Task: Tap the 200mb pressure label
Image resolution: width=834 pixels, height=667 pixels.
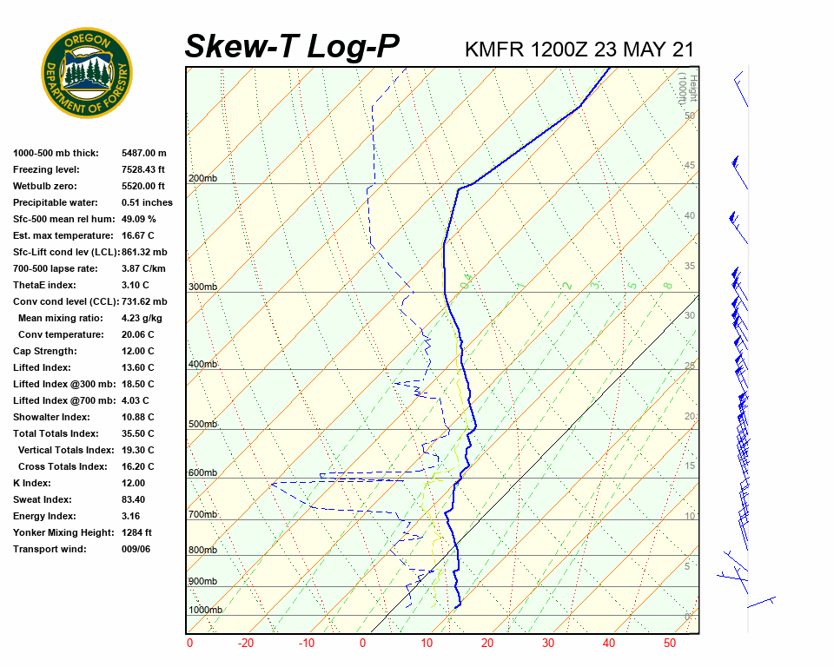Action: pos(202,178)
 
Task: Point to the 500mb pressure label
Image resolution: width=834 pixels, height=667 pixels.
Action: pos(202,424)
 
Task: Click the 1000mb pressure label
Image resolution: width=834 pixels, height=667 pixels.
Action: pos(205,610)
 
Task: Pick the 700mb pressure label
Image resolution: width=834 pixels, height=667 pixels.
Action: pos(202,515)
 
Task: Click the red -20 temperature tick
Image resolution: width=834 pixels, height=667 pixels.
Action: pos(246,644)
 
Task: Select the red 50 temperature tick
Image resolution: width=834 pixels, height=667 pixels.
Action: pos(669,644)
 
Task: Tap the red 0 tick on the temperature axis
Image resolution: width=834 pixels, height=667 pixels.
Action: pos(363,644)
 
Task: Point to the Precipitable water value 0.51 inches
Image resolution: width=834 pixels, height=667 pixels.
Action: pos(147,202)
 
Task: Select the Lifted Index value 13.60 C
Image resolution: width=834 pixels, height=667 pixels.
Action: pos(137,367)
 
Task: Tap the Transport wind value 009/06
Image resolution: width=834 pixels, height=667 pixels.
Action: pos(136,549)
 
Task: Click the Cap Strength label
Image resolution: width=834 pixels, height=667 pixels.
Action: pos(44,351)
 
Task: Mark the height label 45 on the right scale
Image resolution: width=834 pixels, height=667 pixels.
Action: pos(690,166)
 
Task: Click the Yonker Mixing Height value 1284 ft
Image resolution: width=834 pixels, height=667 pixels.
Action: pos(136,532)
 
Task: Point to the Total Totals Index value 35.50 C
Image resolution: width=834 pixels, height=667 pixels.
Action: pos(137,433)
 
